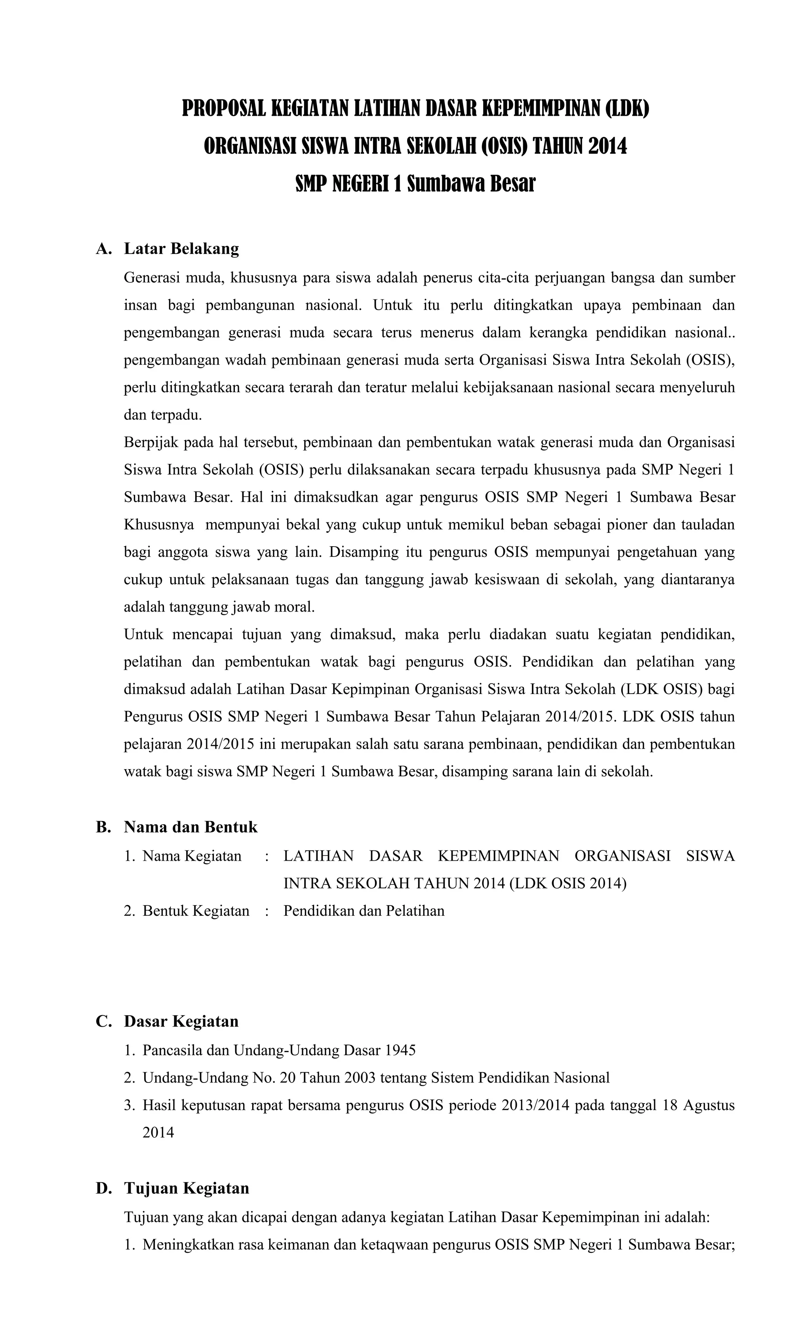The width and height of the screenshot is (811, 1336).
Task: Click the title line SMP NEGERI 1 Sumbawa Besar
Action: click(415, 184)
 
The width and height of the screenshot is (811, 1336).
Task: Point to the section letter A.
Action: click(103, 249)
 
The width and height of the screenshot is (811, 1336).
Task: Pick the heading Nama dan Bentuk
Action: click(190, 827)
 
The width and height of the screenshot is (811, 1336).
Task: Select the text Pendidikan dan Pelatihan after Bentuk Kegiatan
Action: click(363, 911)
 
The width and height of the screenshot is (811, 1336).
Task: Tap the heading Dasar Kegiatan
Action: click(181, 1022)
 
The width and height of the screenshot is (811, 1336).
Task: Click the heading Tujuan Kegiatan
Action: click(186, 1189)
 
